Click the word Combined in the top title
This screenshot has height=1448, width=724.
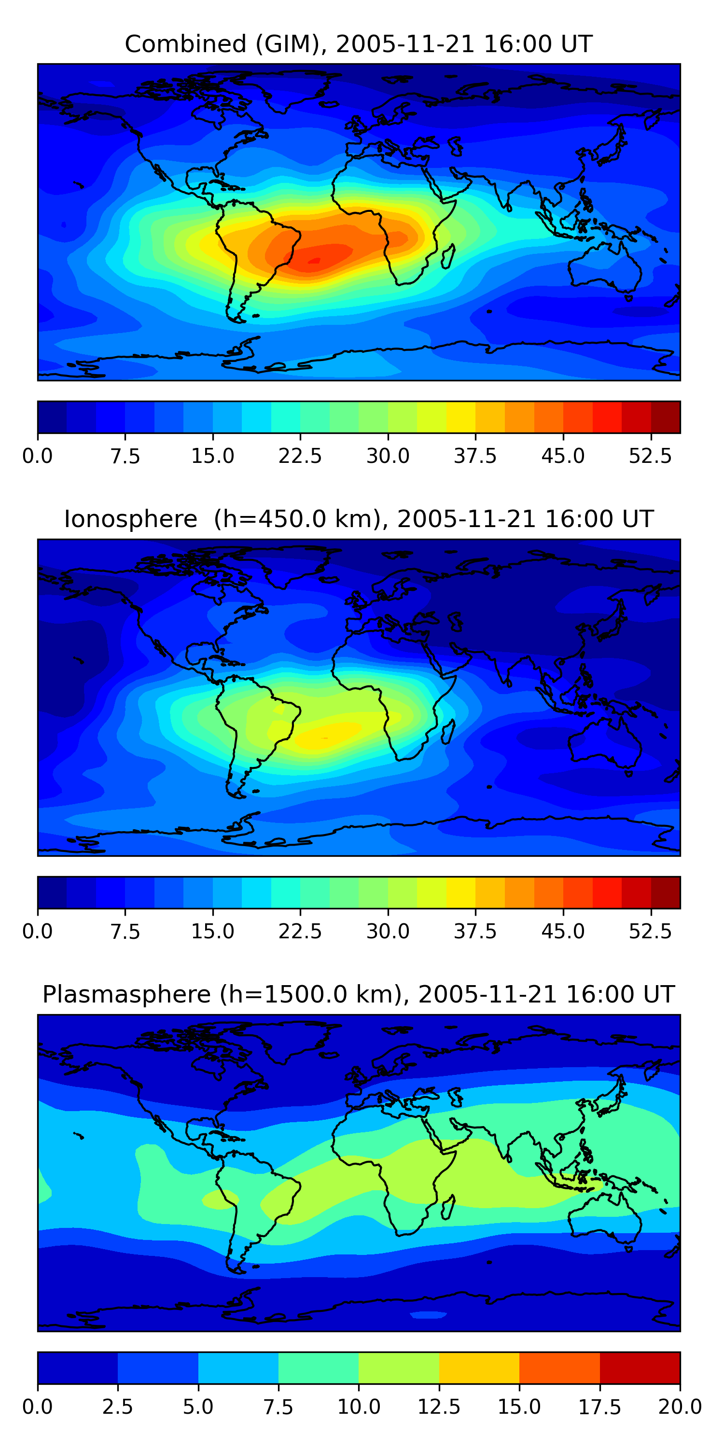pyautogui.click(x=185, y=44)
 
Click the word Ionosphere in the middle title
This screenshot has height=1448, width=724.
pyautogui.click(x=130, y=519)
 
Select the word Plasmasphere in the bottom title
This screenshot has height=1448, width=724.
pyautogui.click(x=126, y=994)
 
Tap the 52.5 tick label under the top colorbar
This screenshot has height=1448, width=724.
pyautogui.click(x=650, y=456)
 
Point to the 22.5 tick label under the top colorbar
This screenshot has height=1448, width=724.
pyautogui.click(x=300, y=456)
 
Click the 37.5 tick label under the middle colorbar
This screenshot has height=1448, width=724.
pyautogui.click(x=475, y=932)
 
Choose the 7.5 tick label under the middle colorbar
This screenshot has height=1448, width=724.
pyautogui.click(x=125, y=932)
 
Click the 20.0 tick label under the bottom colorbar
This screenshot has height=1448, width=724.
pyautogui.click(x=680, y=1407)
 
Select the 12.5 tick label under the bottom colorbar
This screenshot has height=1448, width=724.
pyautogui.click(x=439, y=1407)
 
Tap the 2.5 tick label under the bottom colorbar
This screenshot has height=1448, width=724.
pyautogui.click(x=117, y=1407)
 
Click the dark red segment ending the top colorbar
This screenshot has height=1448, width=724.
pyautogui.click(x=666, y=417)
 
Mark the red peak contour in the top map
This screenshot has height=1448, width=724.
pyautogui.click(x=314, y=260)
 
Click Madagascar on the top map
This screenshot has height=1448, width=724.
pyautogui.click(x=448, y=257)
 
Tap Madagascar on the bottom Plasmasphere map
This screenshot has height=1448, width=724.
pyautogui.click(x=448, y=1208)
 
